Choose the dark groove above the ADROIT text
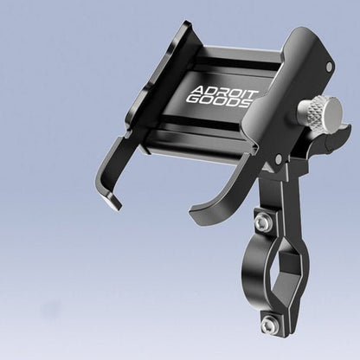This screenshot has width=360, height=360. [229, 62]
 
